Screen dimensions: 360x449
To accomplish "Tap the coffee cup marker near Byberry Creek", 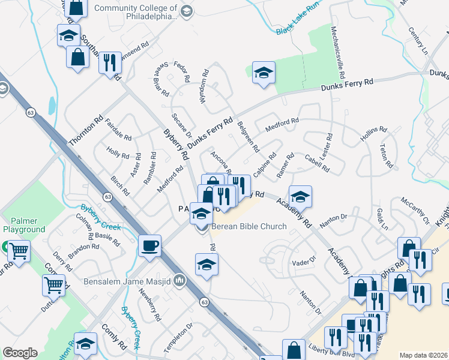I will point(149,245).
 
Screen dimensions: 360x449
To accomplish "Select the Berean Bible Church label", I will point(248,227).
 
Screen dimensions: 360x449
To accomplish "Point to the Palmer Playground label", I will point(24,225).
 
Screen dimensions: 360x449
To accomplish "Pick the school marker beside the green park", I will point(264,73).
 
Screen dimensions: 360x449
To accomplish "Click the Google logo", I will point(20,353).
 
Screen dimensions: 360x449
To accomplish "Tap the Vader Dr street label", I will point(303,262).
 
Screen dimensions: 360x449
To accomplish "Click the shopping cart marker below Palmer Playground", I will point(19,251).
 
